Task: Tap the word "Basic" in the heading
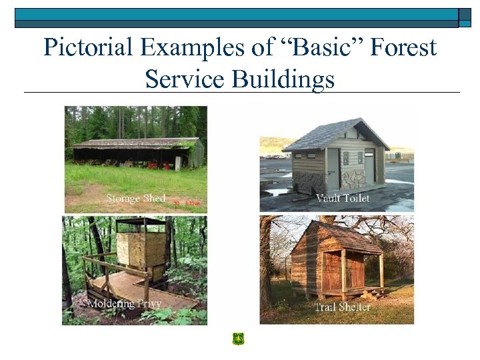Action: (311, 48)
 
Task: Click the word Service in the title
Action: (185, 79)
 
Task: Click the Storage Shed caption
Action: (135, 198)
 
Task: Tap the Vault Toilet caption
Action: (342, 198)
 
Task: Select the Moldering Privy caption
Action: (119, 304)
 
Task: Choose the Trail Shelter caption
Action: (342, 307)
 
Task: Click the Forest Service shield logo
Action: (238, 339)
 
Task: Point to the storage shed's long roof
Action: (133, 142)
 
